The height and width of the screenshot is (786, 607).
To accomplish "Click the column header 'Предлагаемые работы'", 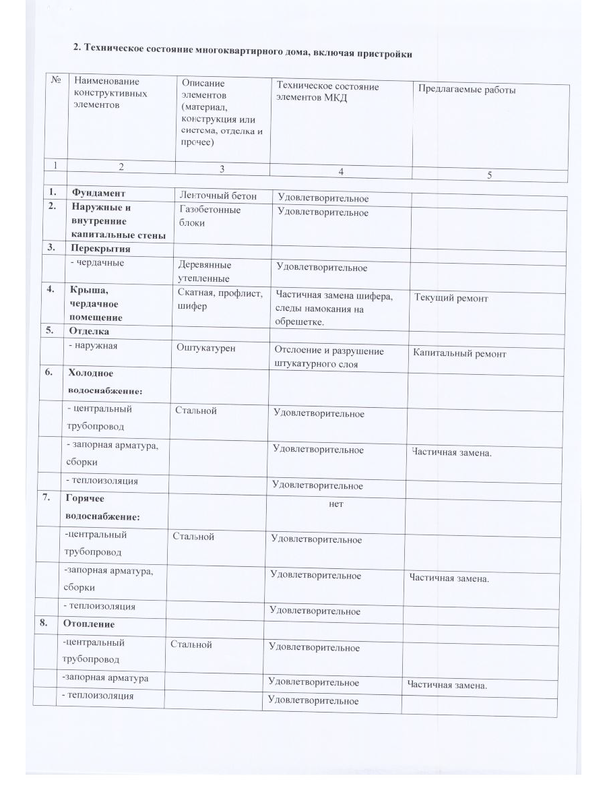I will pos(468,89).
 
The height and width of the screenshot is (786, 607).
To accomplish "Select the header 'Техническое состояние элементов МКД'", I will pos(328,92).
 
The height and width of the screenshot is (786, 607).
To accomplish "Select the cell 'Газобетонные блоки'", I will pos(210,216).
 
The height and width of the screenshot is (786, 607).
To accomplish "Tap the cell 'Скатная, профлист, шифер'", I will pos(219,299).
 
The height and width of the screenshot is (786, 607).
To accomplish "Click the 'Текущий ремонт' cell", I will pos(451,298).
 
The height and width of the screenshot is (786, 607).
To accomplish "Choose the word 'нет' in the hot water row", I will pos(336,504).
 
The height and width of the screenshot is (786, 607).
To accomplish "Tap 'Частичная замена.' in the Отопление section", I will pos(447,686).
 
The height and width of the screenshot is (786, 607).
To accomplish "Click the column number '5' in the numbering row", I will pos(490,175).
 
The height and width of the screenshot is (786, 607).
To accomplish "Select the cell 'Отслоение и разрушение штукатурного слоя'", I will pos(329,357).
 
